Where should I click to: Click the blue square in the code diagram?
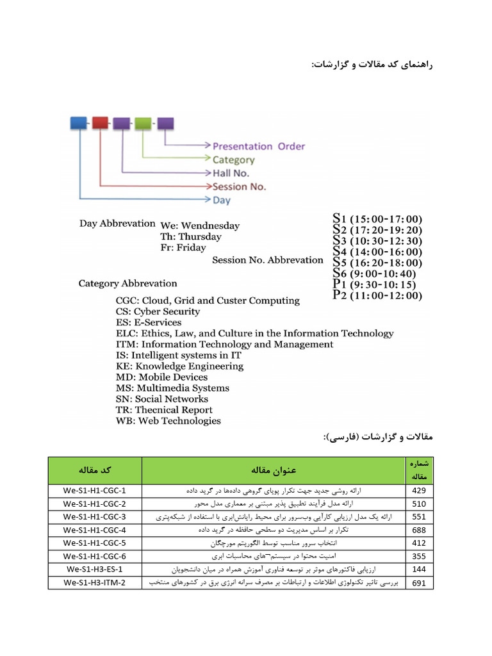click(78, 122)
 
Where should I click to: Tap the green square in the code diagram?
click(143, 122)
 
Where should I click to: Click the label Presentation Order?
click(259, 146)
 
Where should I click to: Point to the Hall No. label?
click(231, 173)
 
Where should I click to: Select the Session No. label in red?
click(239, 186)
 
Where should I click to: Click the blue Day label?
click(222, 201)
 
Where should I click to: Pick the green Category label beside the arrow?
click(233, 160)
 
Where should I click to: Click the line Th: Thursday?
click(191, 236)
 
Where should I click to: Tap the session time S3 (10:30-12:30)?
click(377, 240)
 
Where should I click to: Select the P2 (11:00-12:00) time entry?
click(377, 295)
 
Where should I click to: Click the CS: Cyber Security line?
click(158, 311)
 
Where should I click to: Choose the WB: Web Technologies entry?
click(168, 421)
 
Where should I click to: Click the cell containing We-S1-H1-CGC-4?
click(94, 530)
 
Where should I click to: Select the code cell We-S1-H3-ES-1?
click(94, 569)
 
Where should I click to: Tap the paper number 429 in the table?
click(420, 491)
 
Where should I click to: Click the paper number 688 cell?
click(420, 530)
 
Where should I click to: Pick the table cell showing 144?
click(420, 569)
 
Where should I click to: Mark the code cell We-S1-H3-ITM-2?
click(94, 582)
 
